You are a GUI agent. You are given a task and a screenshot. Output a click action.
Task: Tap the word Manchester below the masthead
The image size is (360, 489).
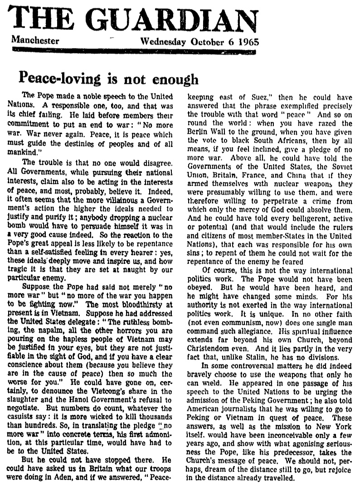(x=35, y=40)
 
